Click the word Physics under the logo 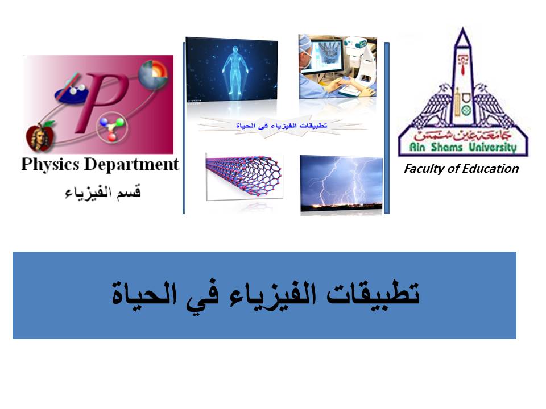coord(51,165)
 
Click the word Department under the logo coord(131,165)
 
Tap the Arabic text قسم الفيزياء coord(103,193)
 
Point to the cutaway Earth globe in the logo coord(153,75)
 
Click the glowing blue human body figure coord(235,69)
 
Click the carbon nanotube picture coord(244,176)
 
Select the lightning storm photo coord(341,183)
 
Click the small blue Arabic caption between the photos coord(282,126)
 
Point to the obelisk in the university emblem coord(462,77)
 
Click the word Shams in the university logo coord(447,147)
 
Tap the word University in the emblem coord(493,147)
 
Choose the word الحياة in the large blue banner coord(144,293)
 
